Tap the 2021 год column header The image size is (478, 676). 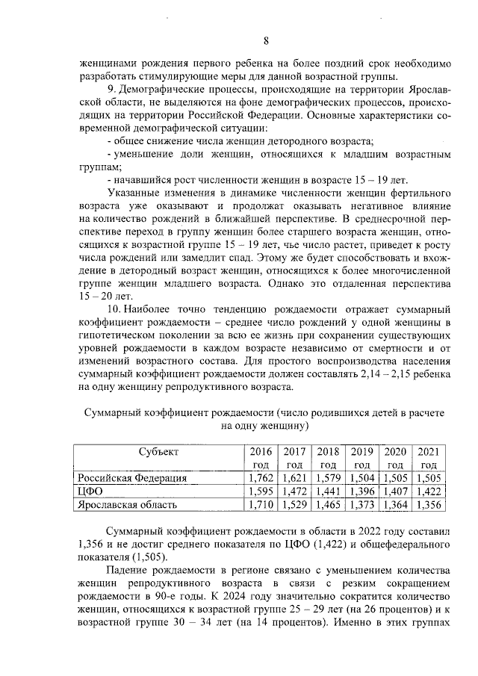click(x=428, y=457)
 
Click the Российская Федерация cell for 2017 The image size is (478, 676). click(x=294, y=478)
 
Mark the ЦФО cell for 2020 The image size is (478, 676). click(x=395, y=492)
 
